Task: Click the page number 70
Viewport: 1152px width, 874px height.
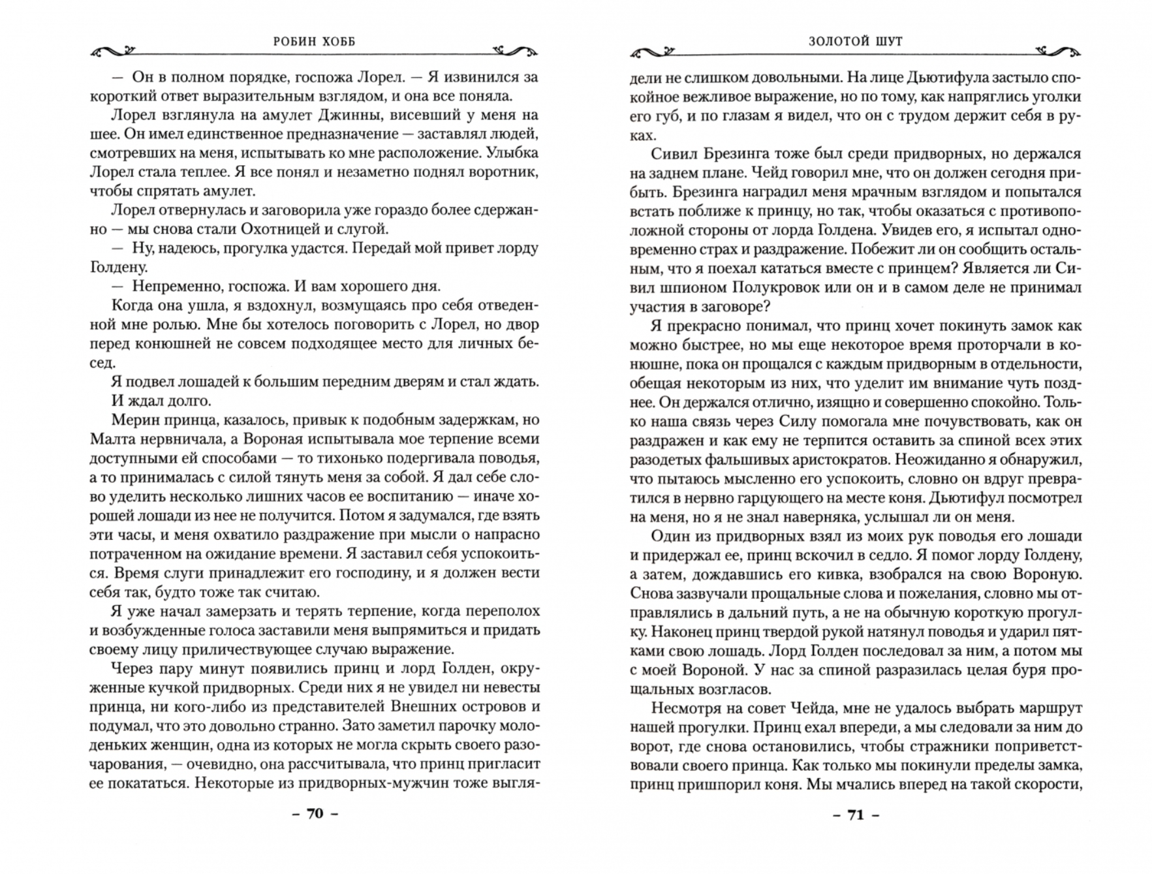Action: [315, 813]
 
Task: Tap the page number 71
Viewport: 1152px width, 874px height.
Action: [855, 815]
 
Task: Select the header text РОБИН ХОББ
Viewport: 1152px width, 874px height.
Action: [314, 41]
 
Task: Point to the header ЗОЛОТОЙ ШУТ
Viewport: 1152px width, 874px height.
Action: [855, 41]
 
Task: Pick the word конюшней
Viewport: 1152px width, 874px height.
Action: [164, 343]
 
